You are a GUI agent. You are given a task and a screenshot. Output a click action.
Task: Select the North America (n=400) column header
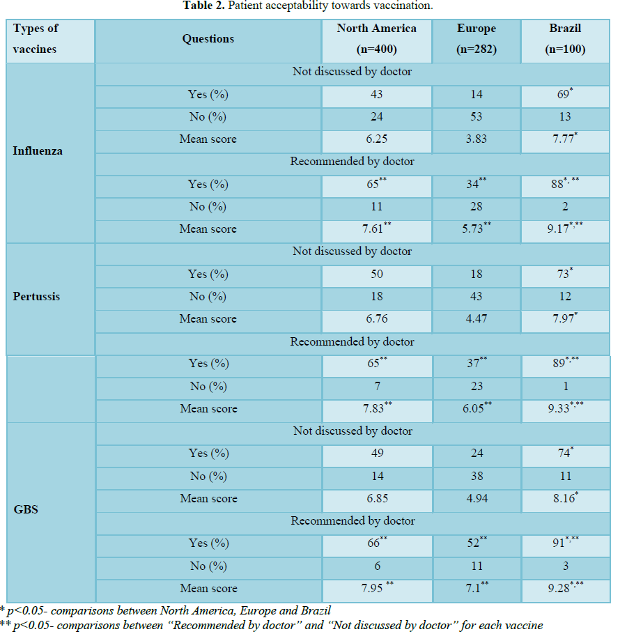tap(376, 39)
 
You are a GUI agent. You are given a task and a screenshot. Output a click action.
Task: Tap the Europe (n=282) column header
tap(477, 39)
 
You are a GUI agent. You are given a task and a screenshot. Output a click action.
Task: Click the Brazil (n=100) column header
tap(565, 39)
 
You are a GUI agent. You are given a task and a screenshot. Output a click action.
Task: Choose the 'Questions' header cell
tap(208, 39)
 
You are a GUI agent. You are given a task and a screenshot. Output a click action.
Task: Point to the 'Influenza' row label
tap(38, 150)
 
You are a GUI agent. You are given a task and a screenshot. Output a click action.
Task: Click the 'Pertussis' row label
tap(36, 296)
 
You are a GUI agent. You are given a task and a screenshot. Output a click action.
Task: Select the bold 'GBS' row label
tap(26, 509)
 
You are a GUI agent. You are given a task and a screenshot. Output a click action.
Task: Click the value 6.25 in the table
tap(376, 139)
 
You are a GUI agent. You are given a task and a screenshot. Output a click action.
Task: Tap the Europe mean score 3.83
tap(476, 139)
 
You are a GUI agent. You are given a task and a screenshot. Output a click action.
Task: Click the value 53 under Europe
tap(476, 117)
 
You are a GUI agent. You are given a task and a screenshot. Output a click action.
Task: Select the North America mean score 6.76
tap(376, 319)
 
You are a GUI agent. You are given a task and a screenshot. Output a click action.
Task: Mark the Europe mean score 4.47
tap(476, 319)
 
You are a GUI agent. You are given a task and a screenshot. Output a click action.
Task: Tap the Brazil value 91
tap(562, 543)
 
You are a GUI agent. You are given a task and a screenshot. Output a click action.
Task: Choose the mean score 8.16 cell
tap(563, 499)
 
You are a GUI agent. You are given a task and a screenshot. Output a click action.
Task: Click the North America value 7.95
tap(374, 589)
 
